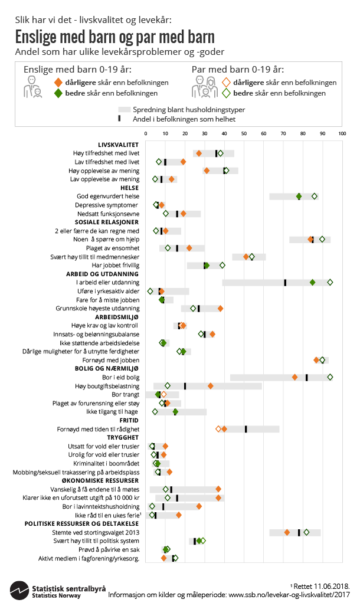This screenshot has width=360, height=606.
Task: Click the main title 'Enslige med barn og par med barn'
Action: coord(114,37)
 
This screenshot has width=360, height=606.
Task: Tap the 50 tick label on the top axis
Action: coord(244,135)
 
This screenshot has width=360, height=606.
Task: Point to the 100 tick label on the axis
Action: coord(342,135)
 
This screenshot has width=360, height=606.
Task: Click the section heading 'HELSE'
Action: coord(130,188)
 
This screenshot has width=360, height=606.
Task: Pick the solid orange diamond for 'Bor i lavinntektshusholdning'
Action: coord(199,506)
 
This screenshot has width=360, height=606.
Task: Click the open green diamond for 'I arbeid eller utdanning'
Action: coord(330,283)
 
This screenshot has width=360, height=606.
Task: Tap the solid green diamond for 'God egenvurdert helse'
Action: coord(299,196)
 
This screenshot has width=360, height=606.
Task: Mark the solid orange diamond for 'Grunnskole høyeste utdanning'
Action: coord(220,309)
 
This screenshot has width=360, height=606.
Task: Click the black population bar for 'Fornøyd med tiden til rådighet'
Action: coord(246,429)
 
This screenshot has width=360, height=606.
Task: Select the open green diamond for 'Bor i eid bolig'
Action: coord(330,377)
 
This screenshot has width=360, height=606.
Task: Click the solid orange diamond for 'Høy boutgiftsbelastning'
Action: coord(210,386)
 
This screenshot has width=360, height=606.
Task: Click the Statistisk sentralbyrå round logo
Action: coord(19,589)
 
